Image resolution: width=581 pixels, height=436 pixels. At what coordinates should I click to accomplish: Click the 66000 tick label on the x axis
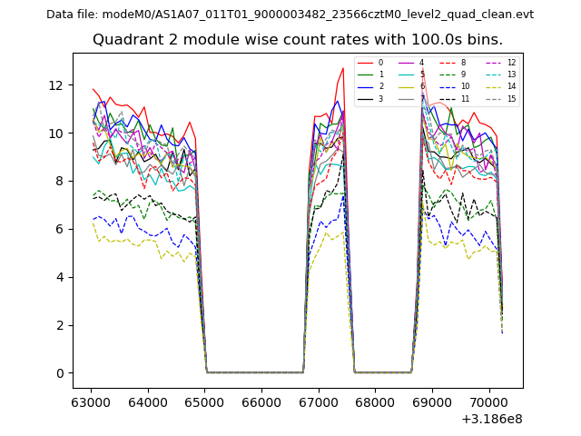[261, 401]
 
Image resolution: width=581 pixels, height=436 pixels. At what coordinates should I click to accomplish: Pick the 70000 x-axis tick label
[489, 401]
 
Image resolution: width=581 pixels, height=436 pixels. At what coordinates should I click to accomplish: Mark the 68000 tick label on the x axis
[375, 401]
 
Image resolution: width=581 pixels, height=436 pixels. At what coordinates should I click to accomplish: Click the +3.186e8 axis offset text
[491, 418]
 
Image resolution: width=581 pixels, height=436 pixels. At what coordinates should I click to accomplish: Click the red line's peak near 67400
[343, 68]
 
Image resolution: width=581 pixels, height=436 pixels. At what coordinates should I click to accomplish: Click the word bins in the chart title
[486, 40]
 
